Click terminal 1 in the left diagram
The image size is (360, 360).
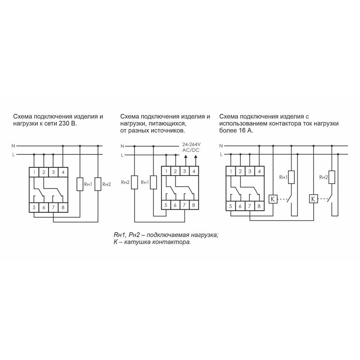34,172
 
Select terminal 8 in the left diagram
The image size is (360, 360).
63,207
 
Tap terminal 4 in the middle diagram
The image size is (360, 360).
194,171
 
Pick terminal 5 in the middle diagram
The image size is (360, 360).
166,205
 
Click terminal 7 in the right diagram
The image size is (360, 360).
250,206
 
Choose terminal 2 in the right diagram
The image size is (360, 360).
240,171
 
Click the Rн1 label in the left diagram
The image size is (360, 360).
88,184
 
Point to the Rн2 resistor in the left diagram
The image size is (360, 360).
98,184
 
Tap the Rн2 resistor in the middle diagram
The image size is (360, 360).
134,182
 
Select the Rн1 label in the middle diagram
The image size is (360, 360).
145,182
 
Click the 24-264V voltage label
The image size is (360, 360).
191,144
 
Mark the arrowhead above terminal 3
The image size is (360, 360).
185,157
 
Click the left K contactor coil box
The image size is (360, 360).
273,199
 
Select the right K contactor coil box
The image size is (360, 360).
313,199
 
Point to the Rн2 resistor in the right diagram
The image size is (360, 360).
332,177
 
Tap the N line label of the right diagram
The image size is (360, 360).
221,146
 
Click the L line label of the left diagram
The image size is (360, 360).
13,155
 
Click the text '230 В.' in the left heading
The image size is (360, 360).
68,123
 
